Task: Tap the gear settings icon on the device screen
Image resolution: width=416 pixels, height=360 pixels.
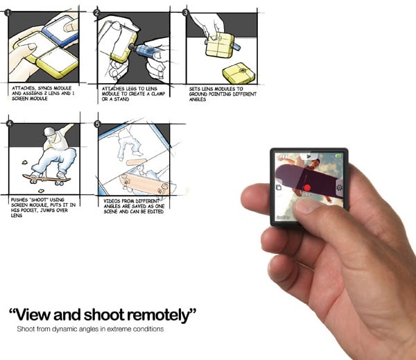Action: pos(339,187)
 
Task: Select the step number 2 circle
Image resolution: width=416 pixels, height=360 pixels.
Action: pos(97,12)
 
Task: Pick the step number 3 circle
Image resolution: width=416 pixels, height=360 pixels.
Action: pos(186,12)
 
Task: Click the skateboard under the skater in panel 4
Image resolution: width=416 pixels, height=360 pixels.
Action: pos(44,179)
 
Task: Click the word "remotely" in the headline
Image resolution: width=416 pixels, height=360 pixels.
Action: pos(162,315)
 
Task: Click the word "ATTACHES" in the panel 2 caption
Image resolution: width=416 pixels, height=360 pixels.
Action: pos(112,89)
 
